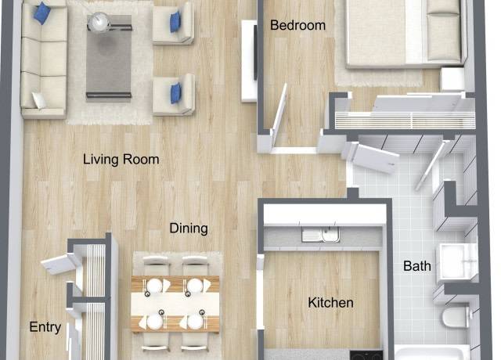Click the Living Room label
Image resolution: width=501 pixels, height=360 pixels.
coord(121,160)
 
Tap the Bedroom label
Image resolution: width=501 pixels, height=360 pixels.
coord(297,26)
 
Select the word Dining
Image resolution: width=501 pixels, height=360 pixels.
coord(189,229)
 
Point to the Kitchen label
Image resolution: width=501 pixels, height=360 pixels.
coord(330,303)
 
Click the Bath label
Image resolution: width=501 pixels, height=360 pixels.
coord(416,266)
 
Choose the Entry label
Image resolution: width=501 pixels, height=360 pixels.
coord(45,327)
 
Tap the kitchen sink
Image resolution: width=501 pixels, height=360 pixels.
coord(321,236)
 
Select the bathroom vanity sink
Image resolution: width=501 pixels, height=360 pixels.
coord(456,261)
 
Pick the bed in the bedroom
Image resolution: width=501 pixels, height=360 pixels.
coord(399,35)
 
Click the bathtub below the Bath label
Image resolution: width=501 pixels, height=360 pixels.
coord(431,352)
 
